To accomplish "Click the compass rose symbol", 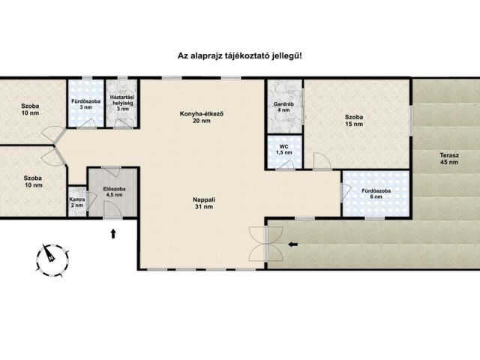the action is (x=52, y=260).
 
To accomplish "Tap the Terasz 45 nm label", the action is (x=449, y=158).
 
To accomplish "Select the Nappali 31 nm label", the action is (x=204, y=203).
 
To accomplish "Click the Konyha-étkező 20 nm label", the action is (x=202, y=117).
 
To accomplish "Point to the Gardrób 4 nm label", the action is (x=283, y=106).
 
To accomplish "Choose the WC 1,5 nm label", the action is (x=284, y=150).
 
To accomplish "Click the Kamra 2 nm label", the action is (x=77, y=202).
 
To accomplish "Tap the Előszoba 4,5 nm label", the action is (x=114, y=192).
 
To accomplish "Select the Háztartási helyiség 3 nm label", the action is (x=122, y=103).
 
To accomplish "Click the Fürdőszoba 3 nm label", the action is (x=85, y=104).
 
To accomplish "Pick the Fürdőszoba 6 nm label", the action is (x=376, y=193).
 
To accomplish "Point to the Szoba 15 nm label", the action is (x=354, y=120).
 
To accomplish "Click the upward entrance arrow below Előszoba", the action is (x=113, y=233).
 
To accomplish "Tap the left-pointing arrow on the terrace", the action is (x=293, y=244).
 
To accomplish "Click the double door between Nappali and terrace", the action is (x=265, y=244).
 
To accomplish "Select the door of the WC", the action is (x=286, y=165).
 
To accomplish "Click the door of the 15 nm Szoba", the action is (x=322, y=161).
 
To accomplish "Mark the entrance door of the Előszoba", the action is (x=112, y=210).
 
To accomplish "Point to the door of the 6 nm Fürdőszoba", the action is (x=346, y=193).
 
